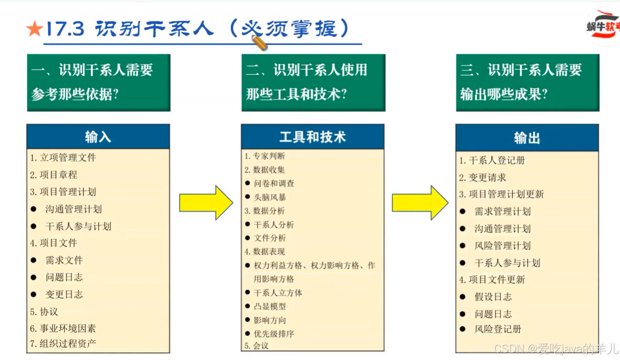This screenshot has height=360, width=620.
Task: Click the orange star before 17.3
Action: (x=34, y=29)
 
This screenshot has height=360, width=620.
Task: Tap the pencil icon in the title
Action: (x=259, y=42)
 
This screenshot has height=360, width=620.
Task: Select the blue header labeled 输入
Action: (x=98, y=137)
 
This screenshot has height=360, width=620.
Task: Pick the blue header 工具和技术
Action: (x=313, y=137)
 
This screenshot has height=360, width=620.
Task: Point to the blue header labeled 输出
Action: (x=527, y=138)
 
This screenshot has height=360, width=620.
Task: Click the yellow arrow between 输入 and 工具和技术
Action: (x=206, y=203)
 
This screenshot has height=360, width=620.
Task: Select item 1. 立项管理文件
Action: (x=63, y=158)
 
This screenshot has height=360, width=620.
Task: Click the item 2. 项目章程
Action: (x=54, y=175)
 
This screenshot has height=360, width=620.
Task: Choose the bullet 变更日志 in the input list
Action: (x=64, y=295)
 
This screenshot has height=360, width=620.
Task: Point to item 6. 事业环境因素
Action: (x=63, y=328)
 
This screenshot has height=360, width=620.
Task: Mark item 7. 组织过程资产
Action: (x=63, y=344)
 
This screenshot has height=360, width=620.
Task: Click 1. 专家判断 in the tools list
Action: (x=265, y=156)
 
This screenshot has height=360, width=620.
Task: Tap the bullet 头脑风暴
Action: (x=270, y=197)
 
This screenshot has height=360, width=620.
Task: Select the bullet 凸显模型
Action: (x=270, y=306)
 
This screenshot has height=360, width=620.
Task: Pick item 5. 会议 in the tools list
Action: (x=257, y=346)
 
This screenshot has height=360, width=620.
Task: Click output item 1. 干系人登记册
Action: (x=492, y=160)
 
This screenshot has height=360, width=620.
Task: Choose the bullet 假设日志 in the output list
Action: (x=493, y=297)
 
